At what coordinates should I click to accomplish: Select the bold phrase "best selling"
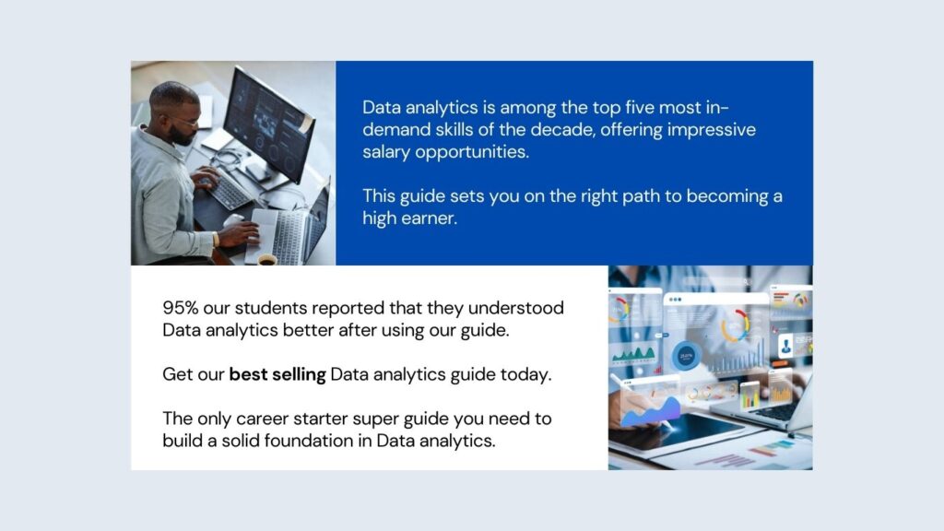click(277, 374)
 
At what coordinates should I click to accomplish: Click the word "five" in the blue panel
click(630, 107)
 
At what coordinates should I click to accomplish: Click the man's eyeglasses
click(183, 120)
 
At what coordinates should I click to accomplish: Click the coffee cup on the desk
click(267, 261)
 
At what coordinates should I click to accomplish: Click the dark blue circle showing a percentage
click(686, 355)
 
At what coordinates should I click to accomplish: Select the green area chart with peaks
click(635, 355)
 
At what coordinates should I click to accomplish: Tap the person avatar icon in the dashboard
click(786, 347)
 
